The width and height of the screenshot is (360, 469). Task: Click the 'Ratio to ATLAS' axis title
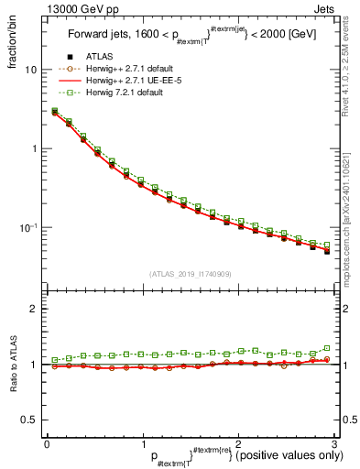(14, 365)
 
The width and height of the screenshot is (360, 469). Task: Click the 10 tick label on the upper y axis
(30, 70)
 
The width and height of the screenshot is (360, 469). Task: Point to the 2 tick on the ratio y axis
(34, 309)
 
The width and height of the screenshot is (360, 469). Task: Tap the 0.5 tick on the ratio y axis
(30, 420)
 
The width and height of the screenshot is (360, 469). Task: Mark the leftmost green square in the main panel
(55, 111)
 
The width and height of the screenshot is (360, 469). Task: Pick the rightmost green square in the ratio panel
(327, 348)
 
